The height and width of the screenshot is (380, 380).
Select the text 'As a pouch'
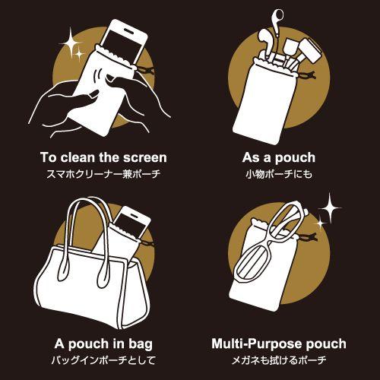[x=279, y=158]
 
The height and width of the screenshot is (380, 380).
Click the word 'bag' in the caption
[x=141, y=345]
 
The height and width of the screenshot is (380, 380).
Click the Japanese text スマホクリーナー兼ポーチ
[x=103, y=174]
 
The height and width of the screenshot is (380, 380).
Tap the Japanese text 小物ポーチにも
[x=279, y=174]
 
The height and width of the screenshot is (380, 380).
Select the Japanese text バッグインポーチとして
[x=103, y=360]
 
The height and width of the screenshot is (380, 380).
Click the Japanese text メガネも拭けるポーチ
[x=279, y=360]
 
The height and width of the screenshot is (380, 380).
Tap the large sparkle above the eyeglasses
[x=330, y=208]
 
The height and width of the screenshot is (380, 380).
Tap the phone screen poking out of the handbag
[x=131, y=224]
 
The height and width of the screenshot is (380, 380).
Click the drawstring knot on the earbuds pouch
[x=308, y=75]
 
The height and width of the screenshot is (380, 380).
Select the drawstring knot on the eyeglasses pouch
[x=309, y=237]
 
